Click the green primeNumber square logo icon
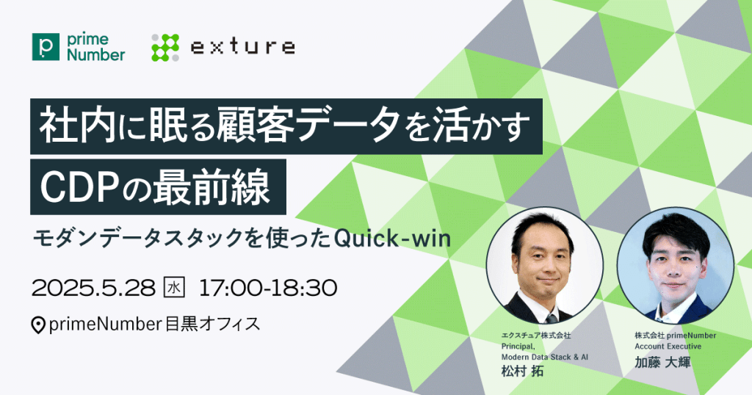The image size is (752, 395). (46, 47)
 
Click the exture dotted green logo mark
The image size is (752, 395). (165, 48)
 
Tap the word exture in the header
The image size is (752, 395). (242, 46)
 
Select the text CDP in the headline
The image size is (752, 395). (79, 188)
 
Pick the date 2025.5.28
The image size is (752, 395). (93, 288)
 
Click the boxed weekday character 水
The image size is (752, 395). (174, 288)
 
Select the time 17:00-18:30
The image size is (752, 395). (268, 288)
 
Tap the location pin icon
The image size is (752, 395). (38, 325)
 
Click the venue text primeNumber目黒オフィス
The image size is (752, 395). (154, 325)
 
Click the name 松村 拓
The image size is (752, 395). (522, 371)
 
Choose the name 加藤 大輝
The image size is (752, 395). (663, 363)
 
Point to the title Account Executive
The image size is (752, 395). (668, 346)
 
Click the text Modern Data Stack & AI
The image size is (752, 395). (545, 357)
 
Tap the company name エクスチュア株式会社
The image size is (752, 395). (536, 336)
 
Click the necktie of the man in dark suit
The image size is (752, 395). (551, 317)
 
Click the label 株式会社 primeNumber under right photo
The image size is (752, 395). (676, 336)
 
